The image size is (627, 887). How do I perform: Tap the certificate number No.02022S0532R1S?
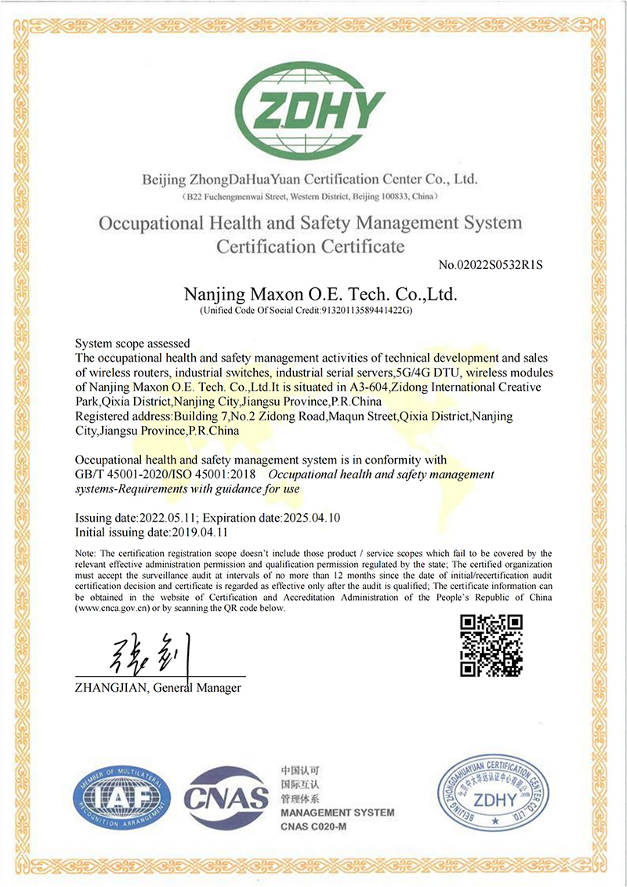tap(491, 265)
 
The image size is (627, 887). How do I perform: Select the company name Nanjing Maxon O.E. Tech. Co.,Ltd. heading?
tap(320, 295)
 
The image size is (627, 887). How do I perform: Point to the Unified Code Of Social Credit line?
tap(307, 311)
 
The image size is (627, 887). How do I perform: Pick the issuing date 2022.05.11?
tap(166, 518)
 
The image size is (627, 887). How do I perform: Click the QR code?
tap(491, 645)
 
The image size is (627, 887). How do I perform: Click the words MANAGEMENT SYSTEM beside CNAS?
tap(337, 812)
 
